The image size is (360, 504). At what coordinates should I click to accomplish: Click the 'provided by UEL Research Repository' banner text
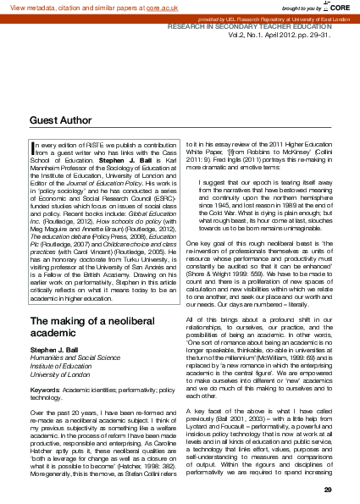pos(254,18)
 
